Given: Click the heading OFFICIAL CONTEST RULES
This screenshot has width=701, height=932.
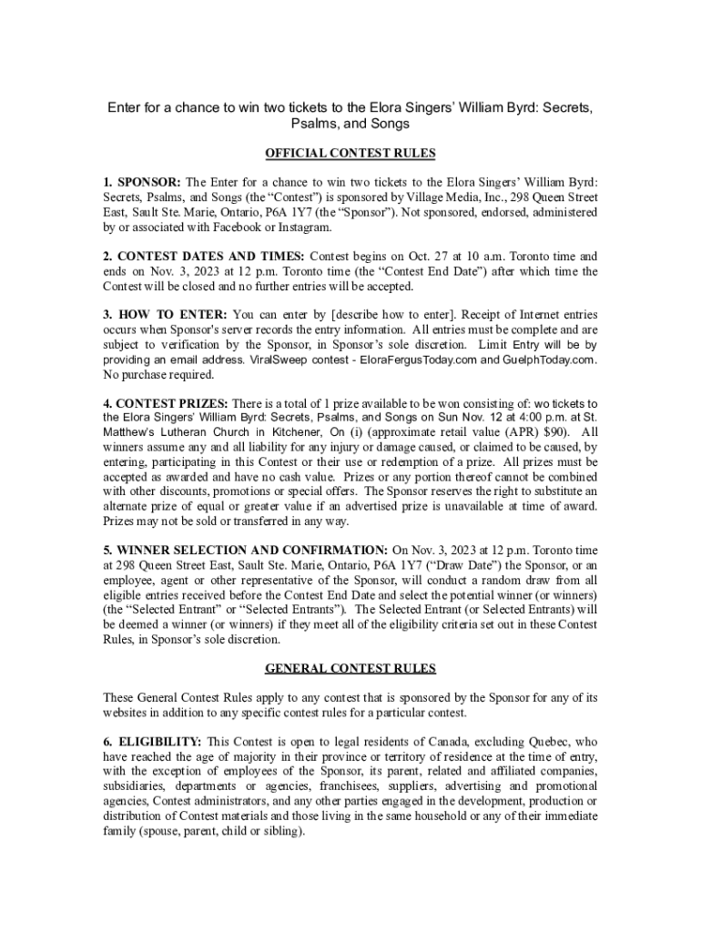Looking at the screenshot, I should pyautogui.click(x=350, y=153).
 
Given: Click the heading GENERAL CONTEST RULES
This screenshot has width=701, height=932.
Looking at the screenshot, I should pyautogui.click(x=350, y=668).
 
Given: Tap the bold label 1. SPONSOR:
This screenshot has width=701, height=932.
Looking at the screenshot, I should pyautogui.click(x=142, y=181).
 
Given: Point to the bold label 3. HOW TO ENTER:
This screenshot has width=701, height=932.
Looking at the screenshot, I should pyautogui.click(x=165, y=315).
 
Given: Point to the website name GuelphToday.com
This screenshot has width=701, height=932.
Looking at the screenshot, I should pyautogui.click(x=546, y=360).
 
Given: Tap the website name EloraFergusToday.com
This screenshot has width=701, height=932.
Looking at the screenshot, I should pyautogui.click(x=419, y=360).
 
